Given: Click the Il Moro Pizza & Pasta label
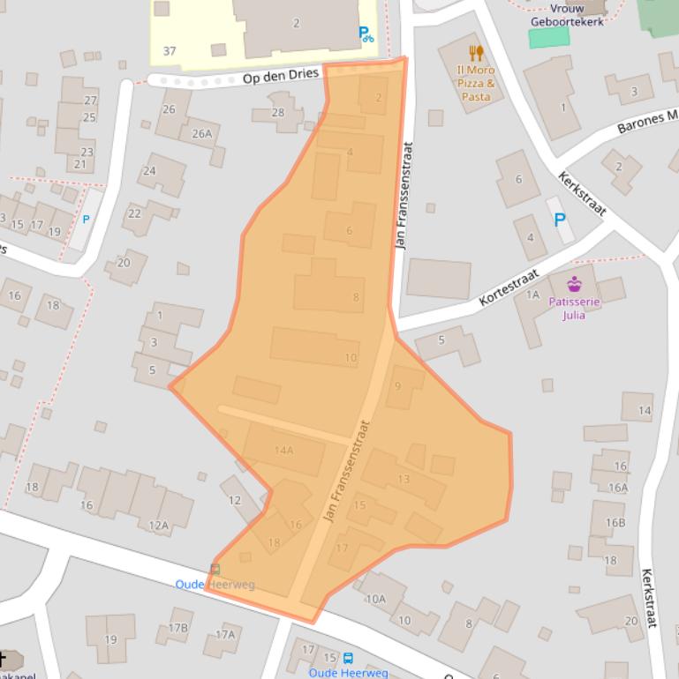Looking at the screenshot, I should (475, 83).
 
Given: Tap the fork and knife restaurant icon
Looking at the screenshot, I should (476, 53).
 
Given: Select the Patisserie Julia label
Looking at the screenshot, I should (574, 308).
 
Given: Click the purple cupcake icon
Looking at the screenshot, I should (575, 284).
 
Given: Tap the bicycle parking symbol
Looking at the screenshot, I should (366, 34).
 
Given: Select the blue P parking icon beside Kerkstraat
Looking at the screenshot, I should (559, 220).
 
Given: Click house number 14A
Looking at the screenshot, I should (283, 450).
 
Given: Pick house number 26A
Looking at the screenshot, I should (202, 133).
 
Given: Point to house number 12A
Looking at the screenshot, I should (158, 526).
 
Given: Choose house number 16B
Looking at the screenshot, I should (615, 522).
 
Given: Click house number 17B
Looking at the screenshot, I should (178, 628).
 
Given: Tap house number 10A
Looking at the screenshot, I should (376, 599).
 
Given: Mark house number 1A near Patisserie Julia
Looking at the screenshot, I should (532, 295).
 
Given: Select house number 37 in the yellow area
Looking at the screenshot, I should (170, 51).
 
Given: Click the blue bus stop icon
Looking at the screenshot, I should (348, 658).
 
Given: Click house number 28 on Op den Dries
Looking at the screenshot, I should (278, 112).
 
